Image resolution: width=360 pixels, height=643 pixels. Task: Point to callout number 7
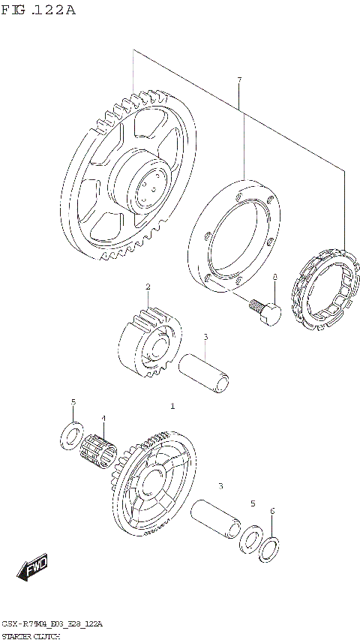[x=238, y=80]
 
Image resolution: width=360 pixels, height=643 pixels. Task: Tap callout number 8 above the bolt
[x=275, y=277]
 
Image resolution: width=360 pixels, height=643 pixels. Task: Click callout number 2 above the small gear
[x=148, y=287]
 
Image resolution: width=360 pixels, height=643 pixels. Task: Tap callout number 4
[x=103, y=418]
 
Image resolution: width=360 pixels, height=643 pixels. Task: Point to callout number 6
[x=272, y=511]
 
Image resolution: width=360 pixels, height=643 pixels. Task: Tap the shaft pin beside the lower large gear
[x=217, y=517]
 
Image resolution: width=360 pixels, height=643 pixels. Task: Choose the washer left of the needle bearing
[x=72, y=434]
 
